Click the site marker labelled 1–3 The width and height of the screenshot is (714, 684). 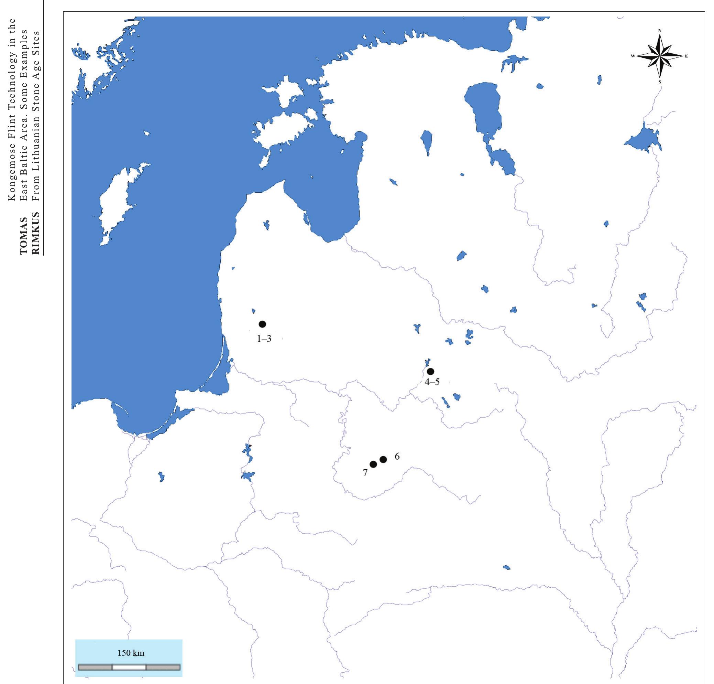pyautogui.click(x=262, y=324)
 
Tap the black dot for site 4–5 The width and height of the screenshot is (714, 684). pyautogui.click(x=431, y=372)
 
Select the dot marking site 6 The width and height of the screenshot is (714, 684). pyautogui.click(x=383, y=459)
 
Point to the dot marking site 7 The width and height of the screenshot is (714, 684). pyautogui.click(x=373, y=464)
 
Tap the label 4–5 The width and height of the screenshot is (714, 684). pyautogui.click(x=432, y=382)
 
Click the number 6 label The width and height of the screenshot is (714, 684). pyautogui.click(x=397, y=456)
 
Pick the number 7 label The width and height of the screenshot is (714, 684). pyautogui.click(x=365, y=473)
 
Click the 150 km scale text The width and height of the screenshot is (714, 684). pyautogui.click(x=131, y=653)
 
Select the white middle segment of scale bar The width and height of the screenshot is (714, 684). pyautogui.click(x=129, y=667)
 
